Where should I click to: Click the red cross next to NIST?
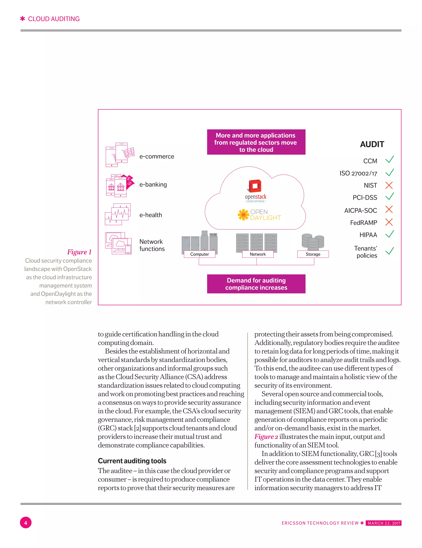tap(389, 185)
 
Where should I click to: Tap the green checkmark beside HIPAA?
tap(389, 234)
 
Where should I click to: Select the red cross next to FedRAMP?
tap(389, 222)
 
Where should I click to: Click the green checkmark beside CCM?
tap(389, 159)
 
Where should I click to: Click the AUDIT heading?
tap(372, 144)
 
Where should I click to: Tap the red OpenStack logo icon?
tap(255, 186)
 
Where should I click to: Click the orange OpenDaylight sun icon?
tap(243, 215)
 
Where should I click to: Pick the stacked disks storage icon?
tap(313, 242)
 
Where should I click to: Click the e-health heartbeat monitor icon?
tap(118, 214)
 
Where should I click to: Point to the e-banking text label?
tap(153, 185)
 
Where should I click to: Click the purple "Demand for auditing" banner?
tap(256, 284)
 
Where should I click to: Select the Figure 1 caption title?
tap(79, 252)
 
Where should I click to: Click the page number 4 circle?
tap(26, 523)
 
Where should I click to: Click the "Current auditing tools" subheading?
tap(132, 461)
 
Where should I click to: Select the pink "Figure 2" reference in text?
tap(266, 437)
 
